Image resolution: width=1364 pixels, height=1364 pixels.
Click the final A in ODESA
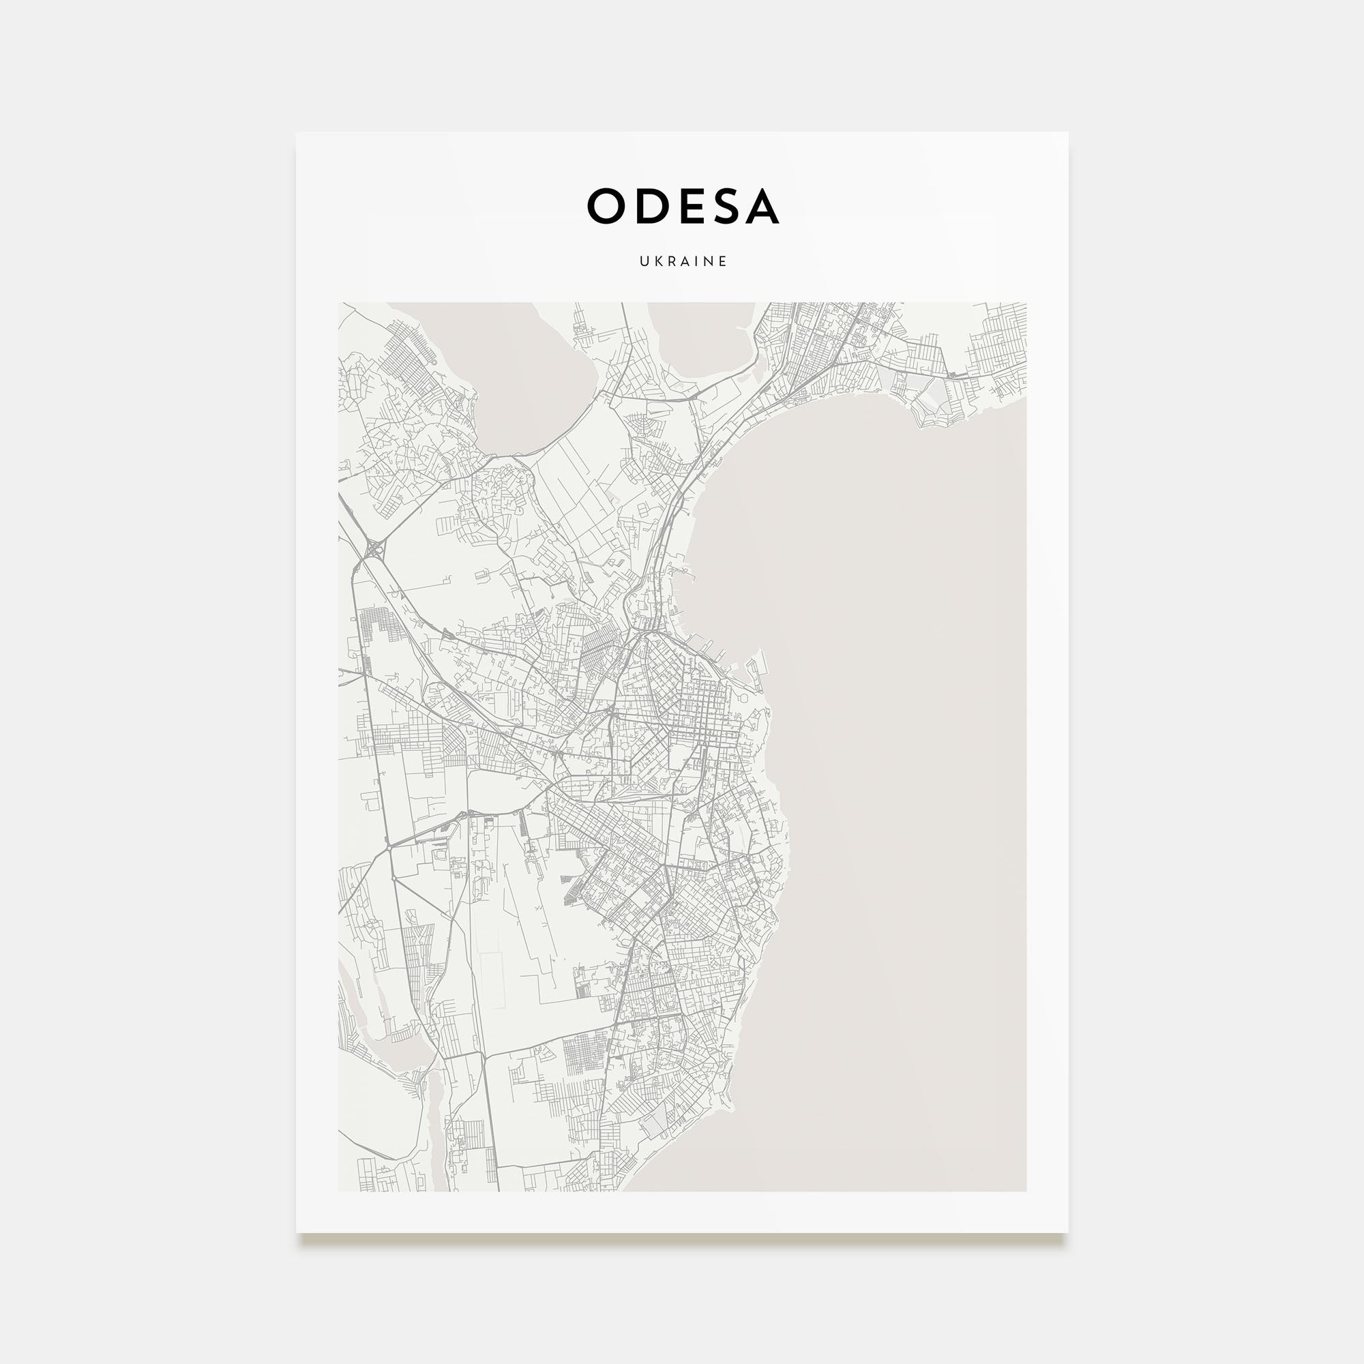(x=761, y=206)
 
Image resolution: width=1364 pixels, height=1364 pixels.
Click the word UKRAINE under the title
(x=683, y=261)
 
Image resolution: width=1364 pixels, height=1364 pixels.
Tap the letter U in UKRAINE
(x=644, y=261)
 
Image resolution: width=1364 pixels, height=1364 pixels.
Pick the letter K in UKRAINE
(x=657, y=261)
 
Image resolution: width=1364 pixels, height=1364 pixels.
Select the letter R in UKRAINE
(x=670, y=261)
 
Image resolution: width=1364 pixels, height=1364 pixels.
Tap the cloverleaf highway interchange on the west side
(x=372, y=547)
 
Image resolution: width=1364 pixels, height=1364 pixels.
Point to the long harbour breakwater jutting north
(x=760, y=667)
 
